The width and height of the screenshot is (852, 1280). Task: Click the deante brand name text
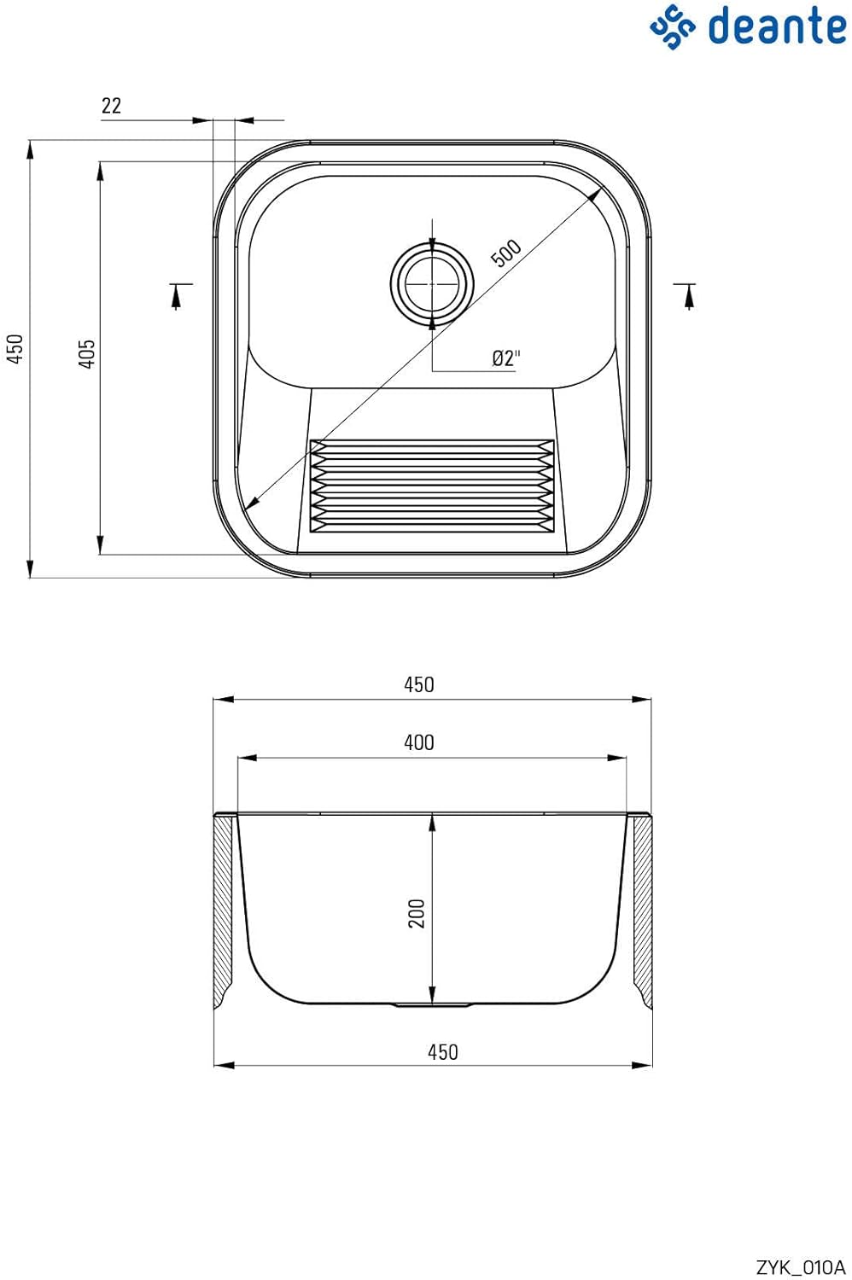click(x=777, y=26)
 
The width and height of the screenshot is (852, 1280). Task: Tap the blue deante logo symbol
click(x=673, y=26)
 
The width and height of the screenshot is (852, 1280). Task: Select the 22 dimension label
click(x=111, y=106)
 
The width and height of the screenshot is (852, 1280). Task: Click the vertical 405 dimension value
click(x=86, y=354)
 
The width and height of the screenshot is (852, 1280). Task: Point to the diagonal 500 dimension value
click(x=506, y=253)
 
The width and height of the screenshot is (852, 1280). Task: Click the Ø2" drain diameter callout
click(x=506, y=358)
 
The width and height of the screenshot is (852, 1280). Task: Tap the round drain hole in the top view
click(x=432, y=283)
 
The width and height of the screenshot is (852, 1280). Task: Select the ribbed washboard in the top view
click(x=432, y=486)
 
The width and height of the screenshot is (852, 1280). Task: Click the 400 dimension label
click(x=419, y=742)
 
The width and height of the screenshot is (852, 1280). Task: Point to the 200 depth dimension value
click(x=417, y=913)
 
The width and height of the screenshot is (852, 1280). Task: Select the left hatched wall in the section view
click(x=223, y=911)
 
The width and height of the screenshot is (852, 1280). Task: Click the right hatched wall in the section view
click(x=643, y=911)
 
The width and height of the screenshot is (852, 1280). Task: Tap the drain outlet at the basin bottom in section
click(x=432, y=1005)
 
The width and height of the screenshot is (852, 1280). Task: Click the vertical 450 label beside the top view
click(x=15, y=348)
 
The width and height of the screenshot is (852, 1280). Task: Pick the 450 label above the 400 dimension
click(x=419, y=684)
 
